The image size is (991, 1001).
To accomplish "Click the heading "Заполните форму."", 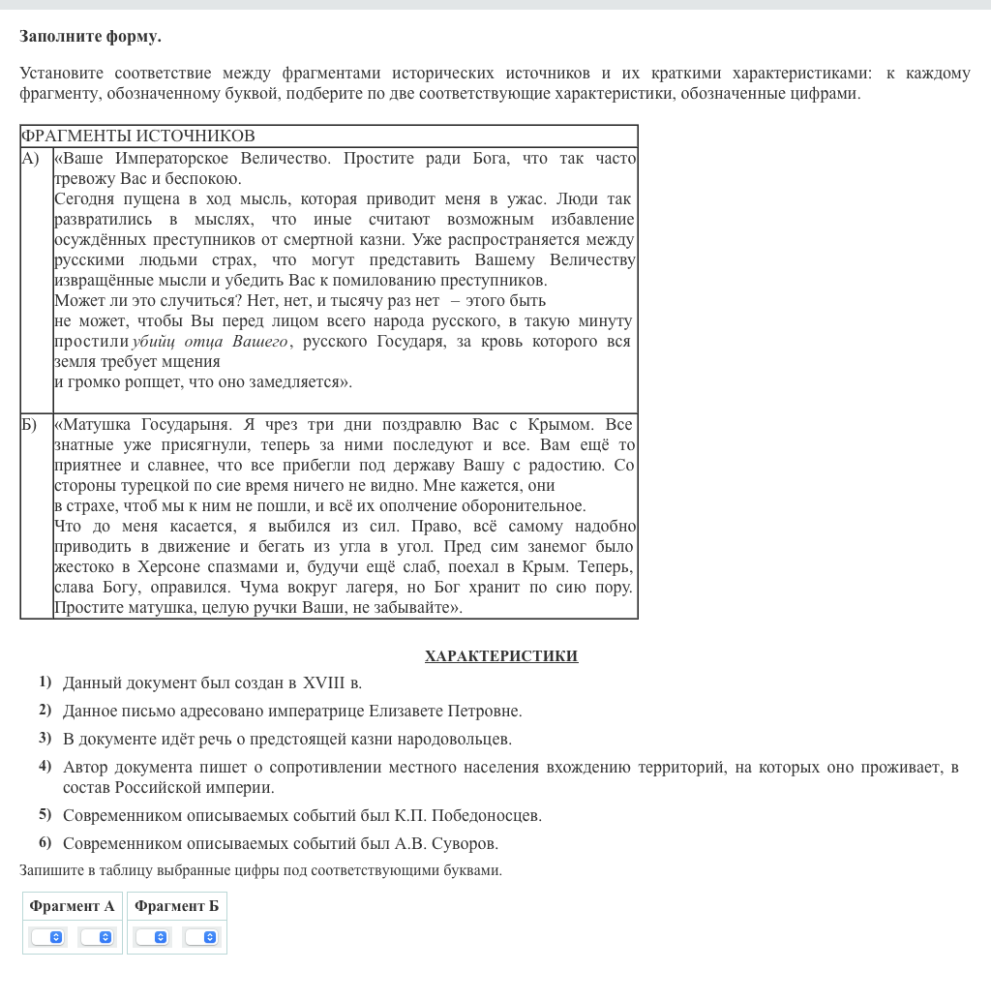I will click(x=90, y=37).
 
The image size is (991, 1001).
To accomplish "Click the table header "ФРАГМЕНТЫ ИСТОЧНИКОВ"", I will click(x=137, y=136).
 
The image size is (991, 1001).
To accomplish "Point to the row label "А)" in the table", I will click(x=31, y=158).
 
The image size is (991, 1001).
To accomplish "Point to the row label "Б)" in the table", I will click(x=29, y=424).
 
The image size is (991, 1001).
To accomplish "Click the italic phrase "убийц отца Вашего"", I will click(x=209, y=342).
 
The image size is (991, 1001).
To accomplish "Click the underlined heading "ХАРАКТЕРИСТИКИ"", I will click(x=500, y=656).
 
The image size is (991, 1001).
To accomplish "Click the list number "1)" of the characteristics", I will click(x=45, y=682).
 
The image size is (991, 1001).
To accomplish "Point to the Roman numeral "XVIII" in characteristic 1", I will click(x=323, y=683).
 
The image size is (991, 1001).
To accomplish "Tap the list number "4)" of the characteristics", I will click(x=45, y=767).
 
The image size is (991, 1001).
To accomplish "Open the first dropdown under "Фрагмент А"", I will click(x=47, y=937).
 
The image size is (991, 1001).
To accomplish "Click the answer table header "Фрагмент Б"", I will click(x=176, y=906).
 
